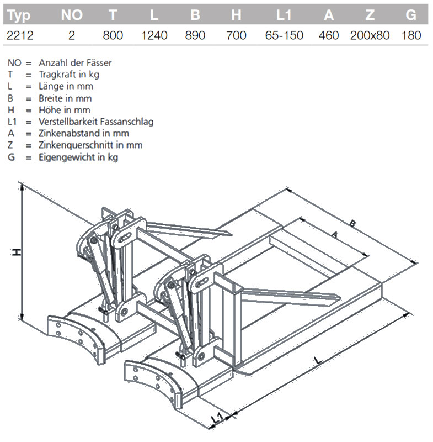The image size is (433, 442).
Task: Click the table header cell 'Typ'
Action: point(19,15)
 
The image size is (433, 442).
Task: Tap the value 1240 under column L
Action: point(154,35)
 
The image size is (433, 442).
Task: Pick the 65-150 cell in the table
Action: point(284,35)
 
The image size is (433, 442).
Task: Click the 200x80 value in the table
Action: point(370,35)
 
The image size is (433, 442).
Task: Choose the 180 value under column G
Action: point(411,35)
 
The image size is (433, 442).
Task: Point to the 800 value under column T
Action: point(113,35)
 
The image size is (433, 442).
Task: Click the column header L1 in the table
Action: point(284,15)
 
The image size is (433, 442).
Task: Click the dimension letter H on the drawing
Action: point(17,252)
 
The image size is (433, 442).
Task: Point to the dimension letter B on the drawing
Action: point(352,224)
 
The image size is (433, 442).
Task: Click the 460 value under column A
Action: point(329,35)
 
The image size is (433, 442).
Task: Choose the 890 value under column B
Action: point(195,35)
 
